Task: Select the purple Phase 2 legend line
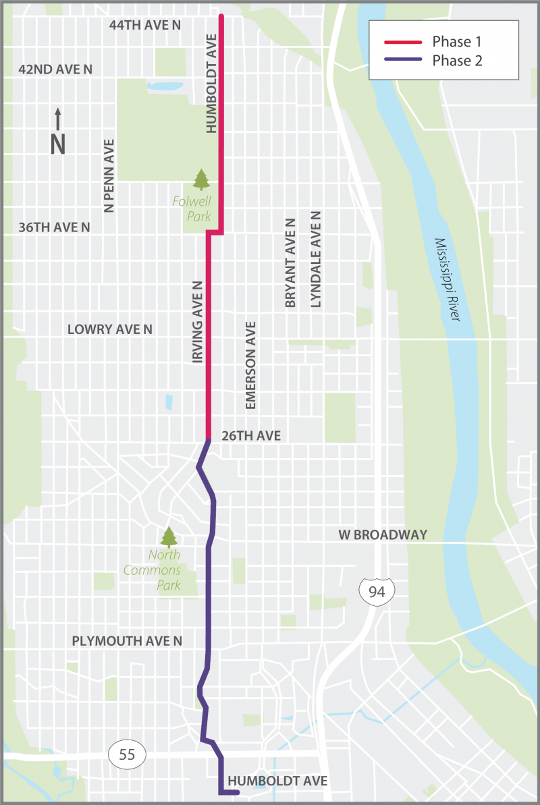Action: [x=402, y=61]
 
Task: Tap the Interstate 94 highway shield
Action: [x=372, y=592]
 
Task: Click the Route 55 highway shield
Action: [x=126, y=754]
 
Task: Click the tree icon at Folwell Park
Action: [x=201, y=179]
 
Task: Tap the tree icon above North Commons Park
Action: [x=168, y=537]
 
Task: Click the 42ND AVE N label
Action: [x=55, y=69]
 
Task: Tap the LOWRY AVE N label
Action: [x=109, y=329]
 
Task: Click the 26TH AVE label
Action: [x=250, y=436]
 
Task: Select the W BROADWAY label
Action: [x=383, y=534]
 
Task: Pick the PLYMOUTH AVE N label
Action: [x=127, y=640]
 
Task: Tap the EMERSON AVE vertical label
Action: [x=250, y=365]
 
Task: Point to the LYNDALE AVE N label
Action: [x=315, y=259]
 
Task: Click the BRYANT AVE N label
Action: [x=290, y=263]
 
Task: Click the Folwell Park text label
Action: [x=200, y=209]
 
